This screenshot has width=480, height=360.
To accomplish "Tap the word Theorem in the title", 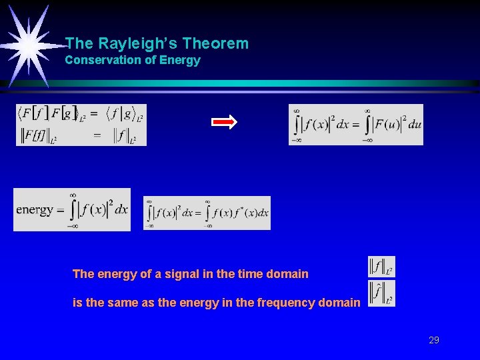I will [215, 44].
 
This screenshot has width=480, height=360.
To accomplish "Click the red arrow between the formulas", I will [224, 122].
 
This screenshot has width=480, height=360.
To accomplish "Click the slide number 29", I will [434, 340].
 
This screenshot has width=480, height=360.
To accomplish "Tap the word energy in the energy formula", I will [35, 209].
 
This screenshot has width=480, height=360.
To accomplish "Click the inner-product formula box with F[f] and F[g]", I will [81, 125].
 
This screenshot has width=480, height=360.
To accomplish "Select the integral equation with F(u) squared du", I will [355, 125].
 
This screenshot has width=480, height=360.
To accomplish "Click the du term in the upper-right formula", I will [414, 125].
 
